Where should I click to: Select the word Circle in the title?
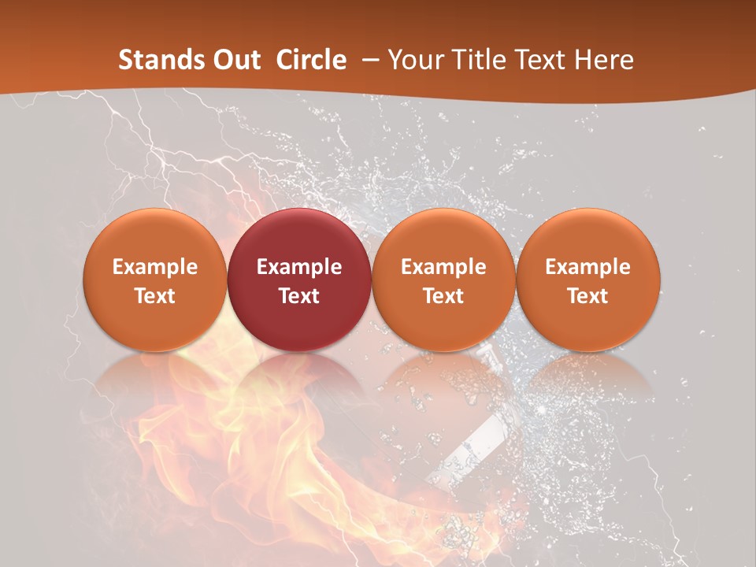click(x=311, y=60)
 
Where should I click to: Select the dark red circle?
click(x=299, y=279)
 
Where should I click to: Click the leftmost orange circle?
click(x=155, y=279)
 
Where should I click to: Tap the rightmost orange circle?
click(x=588, y=279)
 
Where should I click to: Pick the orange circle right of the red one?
click(x=443, y=279)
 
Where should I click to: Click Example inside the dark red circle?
click(x=299, y=267)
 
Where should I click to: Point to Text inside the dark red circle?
click(x=299, y=296)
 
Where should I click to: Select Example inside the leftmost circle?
click(x=155, y=267)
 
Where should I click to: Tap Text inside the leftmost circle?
click(x=155, y=296)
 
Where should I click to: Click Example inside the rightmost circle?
click(x=588, y=267)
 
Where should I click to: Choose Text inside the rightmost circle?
click(x=588, y=296)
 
